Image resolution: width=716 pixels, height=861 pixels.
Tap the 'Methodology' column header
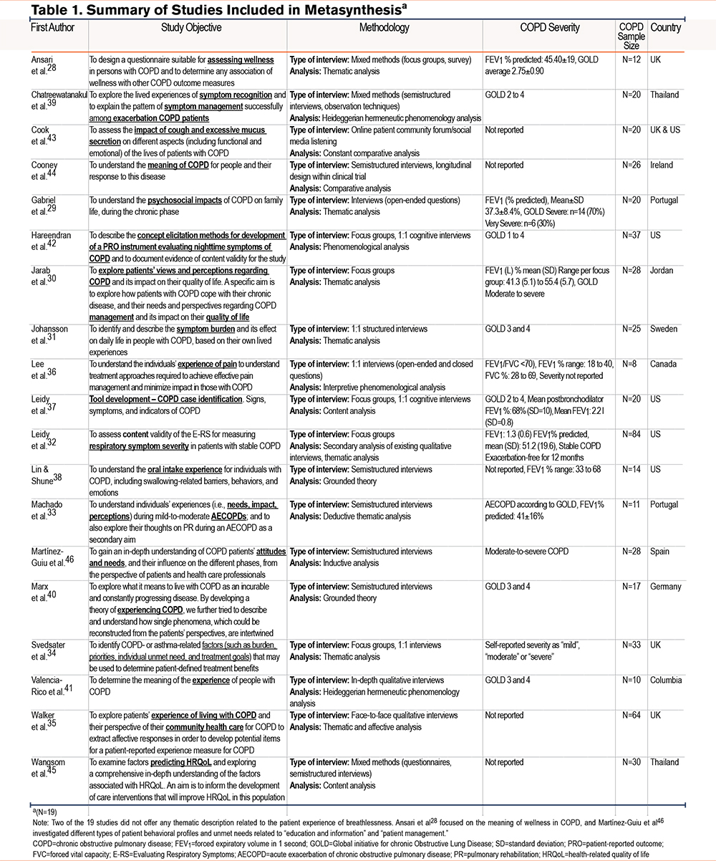384,28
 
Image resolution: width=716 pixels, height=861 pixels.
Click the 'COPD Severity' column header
549,28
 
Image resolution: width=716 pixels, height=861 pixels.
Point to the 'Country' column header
666,28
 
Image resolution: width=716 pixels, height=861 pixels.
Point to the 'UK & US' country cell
667,130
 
